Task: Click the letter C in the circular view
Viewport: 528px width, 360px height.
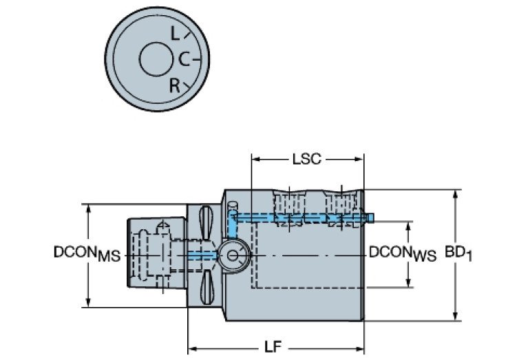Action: coord(184,60)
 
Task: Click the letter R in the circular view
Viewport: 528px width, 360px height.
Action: coord(175,85)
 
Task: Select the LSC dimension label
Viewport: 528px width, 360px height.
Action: coord(306,159)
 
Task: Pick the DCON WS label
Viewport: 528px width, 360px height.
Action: coord(403,253)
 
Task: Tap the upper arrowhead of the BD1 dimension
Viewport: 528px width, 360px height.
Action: coord(455,195)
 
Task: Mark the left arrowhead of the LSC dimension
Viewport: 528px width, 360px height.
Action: coord(255,159)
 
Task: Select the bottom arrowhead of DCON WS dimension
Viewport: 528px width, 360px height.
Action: coord(410,283)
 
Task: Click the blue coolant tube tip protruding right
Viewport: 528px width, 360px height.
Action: coord(370,218)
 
